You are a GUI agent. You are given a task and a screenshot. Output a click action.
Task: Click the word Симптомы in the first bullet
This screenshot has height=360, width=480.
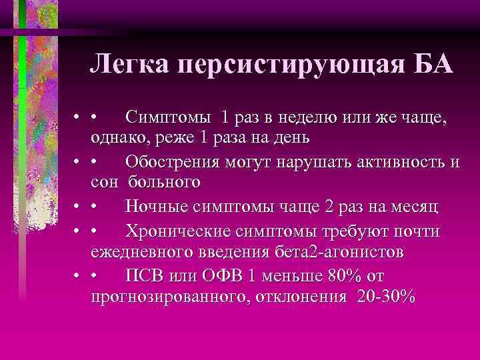tap(170, 117)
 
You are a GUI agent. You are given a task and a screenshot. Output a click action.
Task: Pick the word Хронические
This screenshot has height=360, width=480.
tap(177, 232)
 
